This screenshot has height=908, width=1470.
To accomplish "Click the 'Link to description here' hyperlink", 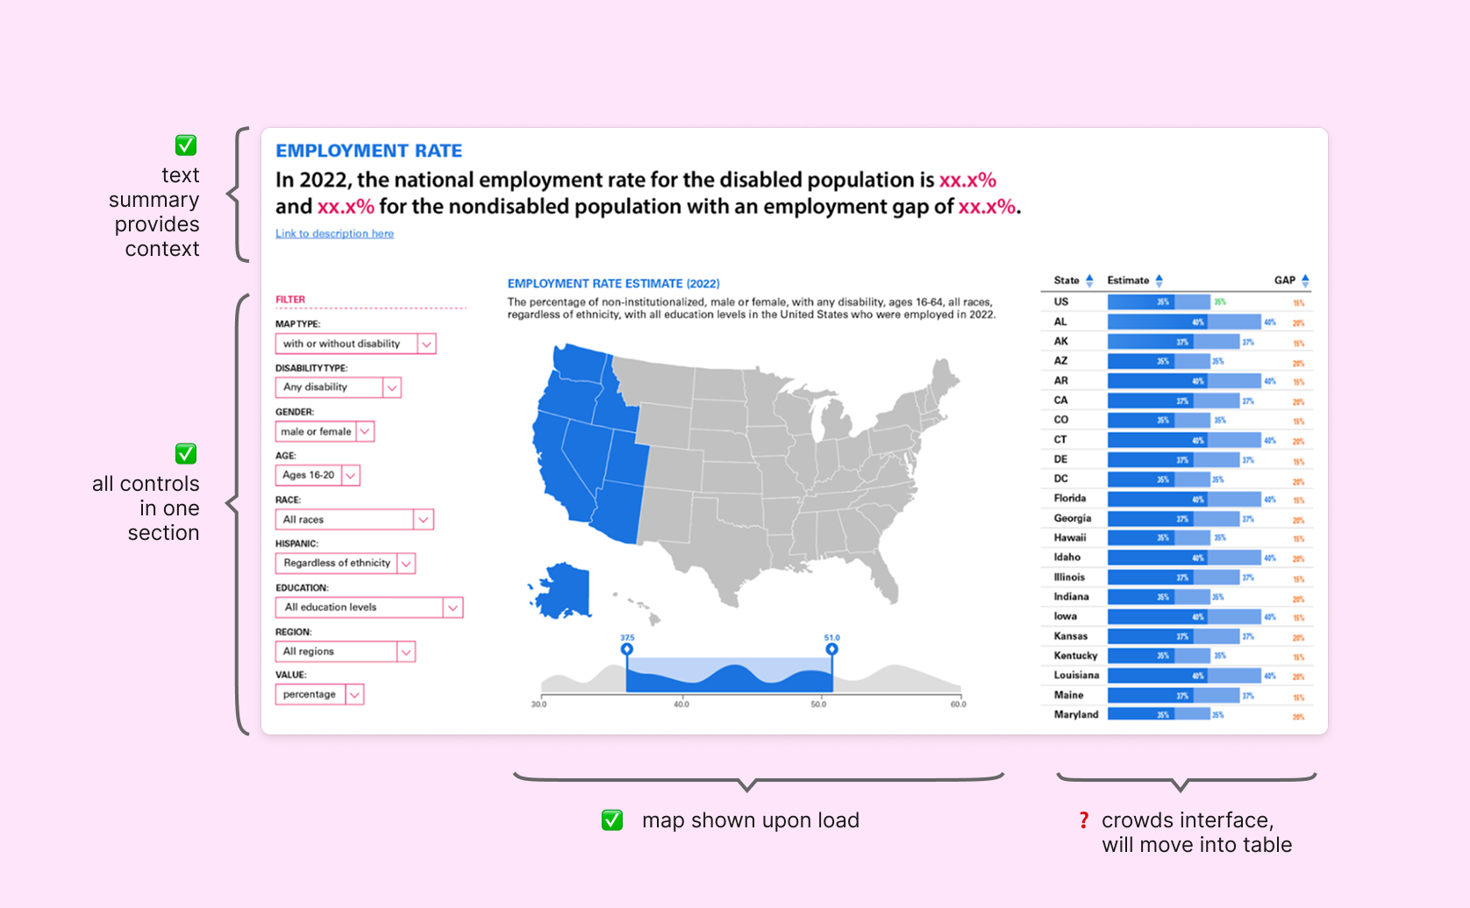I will pyautogui.click(x=334, y=234).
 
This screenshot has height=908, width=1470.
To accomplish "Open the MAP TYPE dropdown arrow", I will pyautogui.click(x=426, y=344).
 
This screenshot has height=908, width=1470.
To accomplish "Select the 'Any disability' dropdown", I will pyautogui.click(x=338, y=387).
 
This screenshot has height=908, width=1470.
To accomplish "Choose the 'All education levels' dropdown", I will pyautogui.click(x=368, y=607).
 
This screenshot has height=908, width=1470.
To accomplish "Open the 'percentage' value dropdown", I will pyautogui.click(x=319, y=694).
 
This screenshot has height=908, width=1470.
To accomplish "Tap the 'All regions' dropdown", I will pyautogui.click(x=345, y=651).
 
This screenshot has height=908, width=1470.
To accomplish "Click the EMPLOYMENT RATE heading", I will pyautogui.click(x=368, y=151).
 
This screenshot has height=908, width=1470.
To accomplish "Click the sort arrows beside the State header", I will pyautogui.click(x=1089, y=280).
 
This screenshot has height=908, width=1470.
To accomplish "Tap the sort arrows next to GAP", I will pyautogui.click(x=1305, y=280).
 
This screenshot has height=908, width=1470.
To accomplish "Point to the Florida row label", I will pyautogui.click(x=1069, y=498).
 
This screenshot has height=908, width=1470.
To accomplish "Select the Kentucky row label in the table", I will pyautogui.click(x=1075, y=656).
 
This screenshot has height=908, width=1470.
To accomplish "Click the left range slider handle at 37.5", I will pyautogui.click(x=626, y=649).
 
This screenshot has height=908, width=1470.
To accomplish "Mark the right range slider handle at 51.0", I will pyautogui.click(x=831, y=649).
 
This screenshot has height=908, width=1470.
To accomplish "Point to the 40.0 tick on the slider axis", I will pyautogui.click(x=681, y=704).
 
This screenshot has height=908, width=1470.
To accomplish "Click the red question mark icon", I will pyautogui.click(x=1083, y=820).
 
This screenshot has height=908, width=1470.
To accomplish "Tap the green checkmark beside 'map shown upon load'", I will pyautogui.click(x=612, y=820).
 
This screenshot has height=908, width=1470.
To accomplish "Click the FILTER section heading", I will pyautogui.click(x=290, y=300).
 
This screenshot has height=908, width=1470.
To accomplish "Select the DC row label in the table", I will pyautogui.click(x=1060, y=479).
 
